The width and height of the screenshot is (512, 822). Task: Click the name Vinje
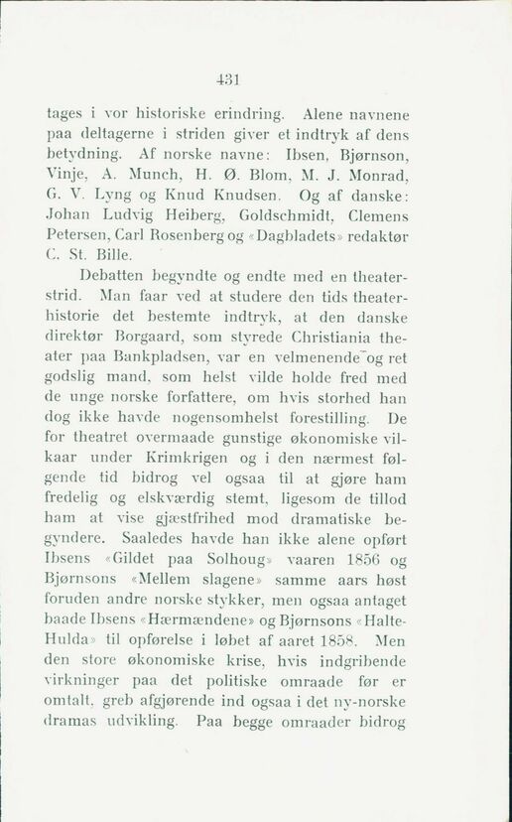(x=67, y=176)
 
